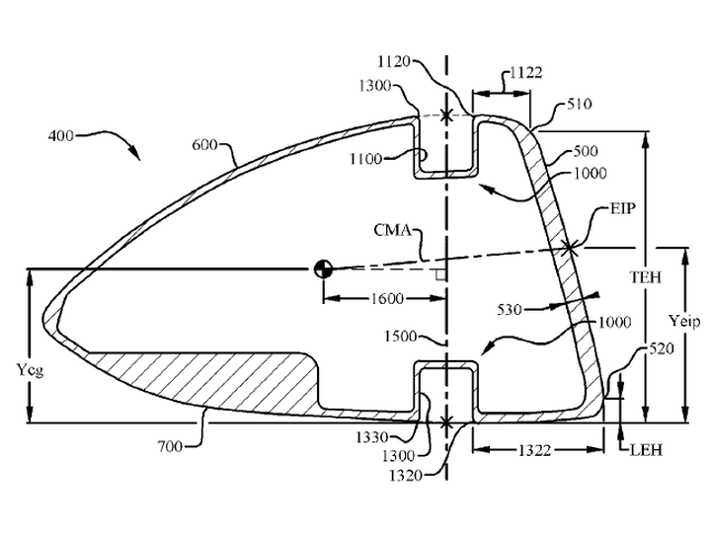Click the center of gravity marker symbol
(x=323, y=268)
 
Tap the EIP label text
(x=623, y=209)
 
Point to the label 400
(x=61, y=135)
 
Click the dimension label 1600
(x=387, y=299)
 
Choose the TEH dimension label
(x=646, y=277)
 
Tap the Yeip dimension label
(x=684, y=322)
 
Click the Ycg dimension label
(x=31, y=370)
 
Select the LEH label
(x=646, y=450)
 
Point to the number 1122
(x=526, y=72)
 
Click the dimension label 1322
(x=534, y=450)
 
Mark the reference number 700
(x=170, y=447)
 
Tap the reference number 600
(x=204, y=145)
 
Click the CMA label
(x=393, y=230)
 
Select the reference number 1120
(x=394, y=61)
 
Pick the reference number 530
(x=510, y=310)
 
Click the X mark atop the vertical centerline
(x=446, y=115)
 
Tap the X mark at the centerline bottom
(x=446, y=422)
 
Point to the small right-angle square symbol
(x=439, y=274)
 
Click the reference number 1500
(x=400, y=337)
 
